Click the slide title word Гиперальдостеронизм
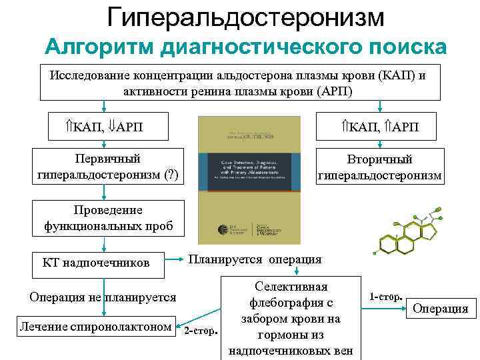(246, 17)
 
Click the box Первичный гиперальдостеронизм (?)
(107, 167)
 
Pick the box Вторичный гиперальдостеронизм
(379, 168)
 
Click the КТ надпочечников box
(105, 263)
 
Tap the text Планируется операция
(255, 259)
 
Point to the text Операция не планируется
(103, 297)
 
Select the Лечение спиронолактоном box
(97, 326)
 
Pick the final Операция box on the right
(441, 308)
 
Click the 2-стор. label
(201, 331)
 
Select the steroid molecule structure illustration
(407, 234)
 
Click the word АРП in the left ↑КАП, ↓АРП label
(133, 127)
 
